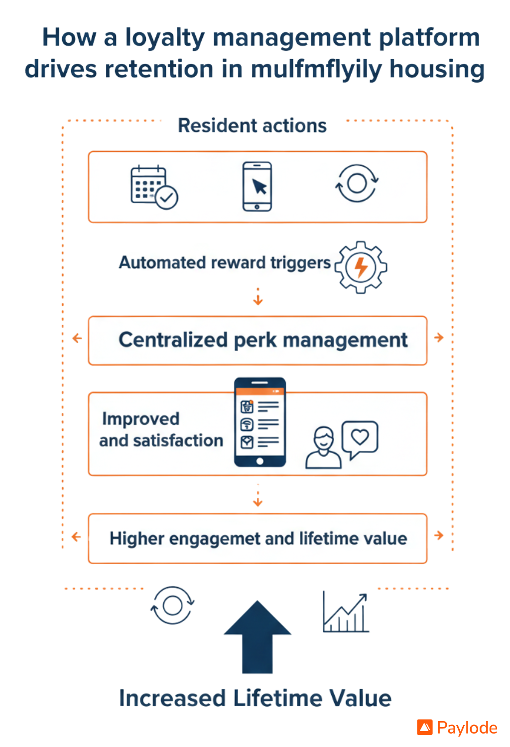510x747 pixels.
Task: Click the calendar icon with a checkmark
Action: (154, 187)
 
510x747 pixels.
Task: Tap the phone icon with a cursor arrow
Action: (257, 186)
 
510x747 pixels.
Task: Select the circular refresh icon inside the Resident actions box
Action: (357, 183)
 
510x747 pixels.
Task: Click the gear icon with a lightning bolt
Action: (361, 267)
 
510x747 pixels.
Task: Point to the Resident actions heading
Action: (252, 125)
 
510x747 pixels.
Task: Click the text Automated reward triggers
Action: (225, 262)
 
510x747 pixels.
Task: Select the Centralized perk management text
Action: (263, 340)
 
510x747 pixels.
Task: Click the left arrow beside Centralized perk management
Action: (77, 339)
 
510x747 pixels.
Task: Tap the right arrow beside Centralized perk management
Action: (439, 338)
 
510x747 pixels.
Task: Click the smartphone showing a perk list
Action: (260, 422)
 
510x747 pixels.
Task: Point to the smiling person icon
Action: (324, 447)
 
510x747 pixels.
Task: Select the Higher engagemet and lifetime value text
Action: (258, 538)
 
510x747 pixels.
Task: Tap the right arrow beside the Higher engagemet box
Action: (439, 535)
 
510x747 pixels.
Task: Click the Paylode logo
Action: (457, 728)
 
